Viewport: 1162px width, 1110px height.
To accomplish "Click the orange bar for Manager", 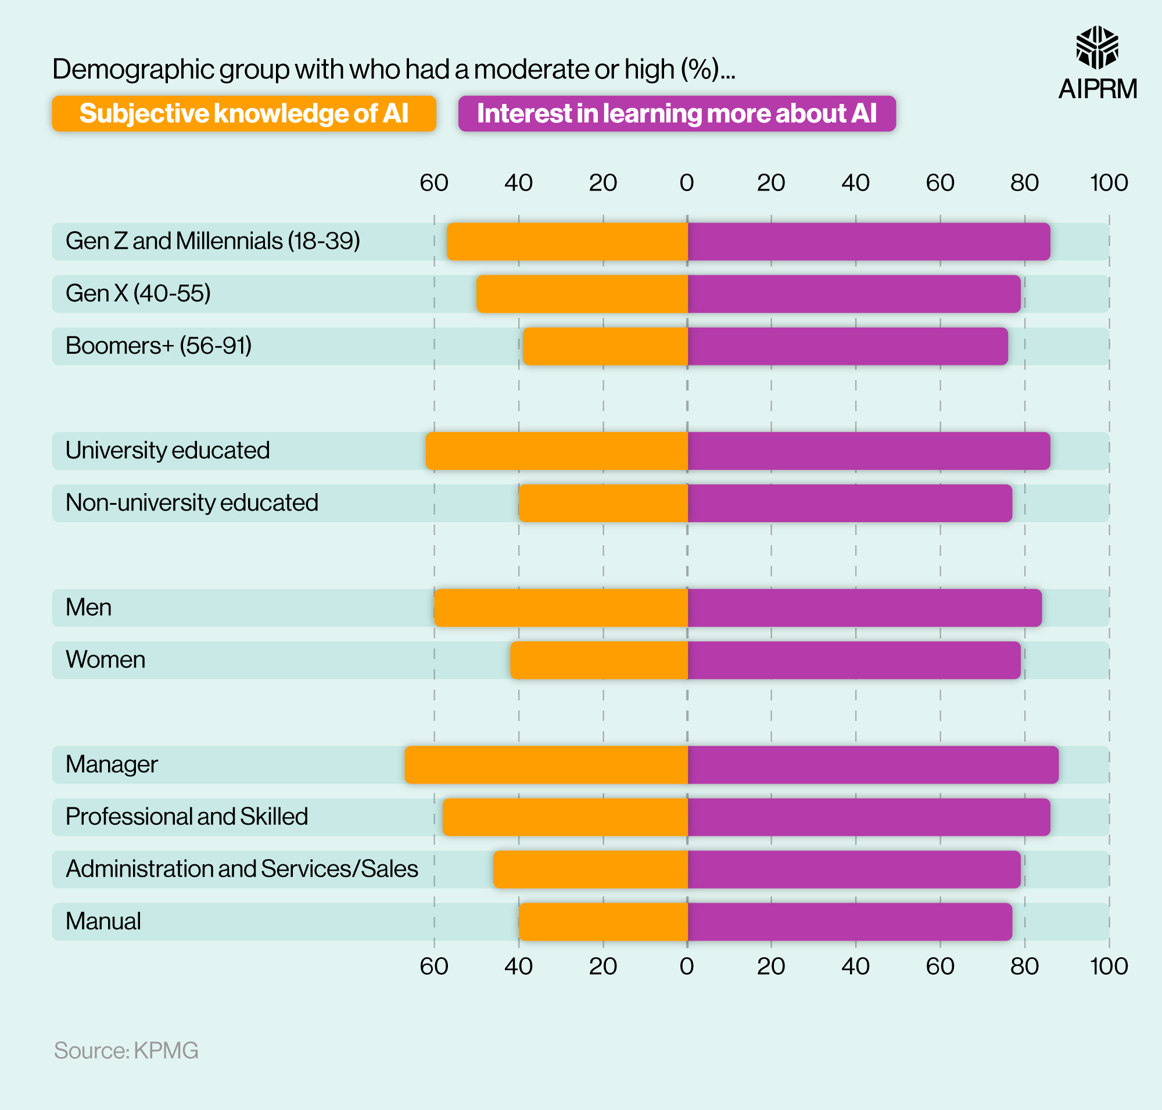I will tap(546, 764).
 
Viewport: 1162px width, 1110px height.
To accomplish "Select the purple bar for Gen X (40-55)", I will tap(853, 293).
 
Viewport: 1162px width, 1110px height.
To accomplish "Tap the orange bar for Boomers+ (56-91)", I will tap(605, 346).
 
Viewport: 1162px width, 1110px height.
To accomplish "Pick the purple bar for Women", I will tap(853, 660).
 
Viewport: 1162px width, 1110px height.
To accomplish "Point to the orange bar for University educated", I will tap(557, 451).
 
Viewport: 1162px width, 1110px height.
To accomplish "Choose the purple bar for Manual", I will tap(849, 921).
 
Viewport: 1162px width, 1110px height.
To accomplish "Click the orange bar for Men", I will tap(561, 608).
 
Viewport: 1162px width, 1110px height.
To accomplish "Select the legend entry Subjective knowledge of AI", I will tap(244, 114).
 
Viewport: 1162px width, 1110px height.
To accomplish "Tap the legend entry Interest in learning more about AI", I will tap(677, 114).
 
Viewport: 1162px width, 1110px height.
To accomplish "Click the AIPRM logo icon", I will tap(1097, 47).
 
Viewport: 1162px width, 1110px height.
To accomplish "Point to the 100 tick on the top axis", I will tap(1109, 183).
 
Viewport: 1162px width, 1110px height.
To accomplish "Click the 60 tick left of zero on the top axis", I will tap(434, 183).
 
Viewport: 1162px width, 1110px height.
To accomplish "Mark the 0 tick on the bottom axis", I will tap(687, 966).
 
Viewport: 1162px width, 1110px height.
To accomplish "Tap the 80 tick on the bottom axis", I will tap(1024, 966).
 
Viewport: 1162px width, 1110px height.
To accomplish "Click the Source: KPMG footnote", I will tap(126, 1050).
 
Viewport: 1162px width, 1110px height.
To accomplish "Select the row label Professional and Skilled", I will tap(187, 817).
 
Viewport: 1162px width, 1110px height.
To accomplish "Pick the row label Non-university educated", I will tap(192, 503).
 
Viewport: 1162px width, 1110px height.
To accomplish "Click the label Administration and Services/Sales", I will tap(242, 868).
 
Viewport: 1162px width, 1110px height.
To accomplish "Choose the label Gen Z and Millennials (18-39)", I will tap(213, 242).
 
